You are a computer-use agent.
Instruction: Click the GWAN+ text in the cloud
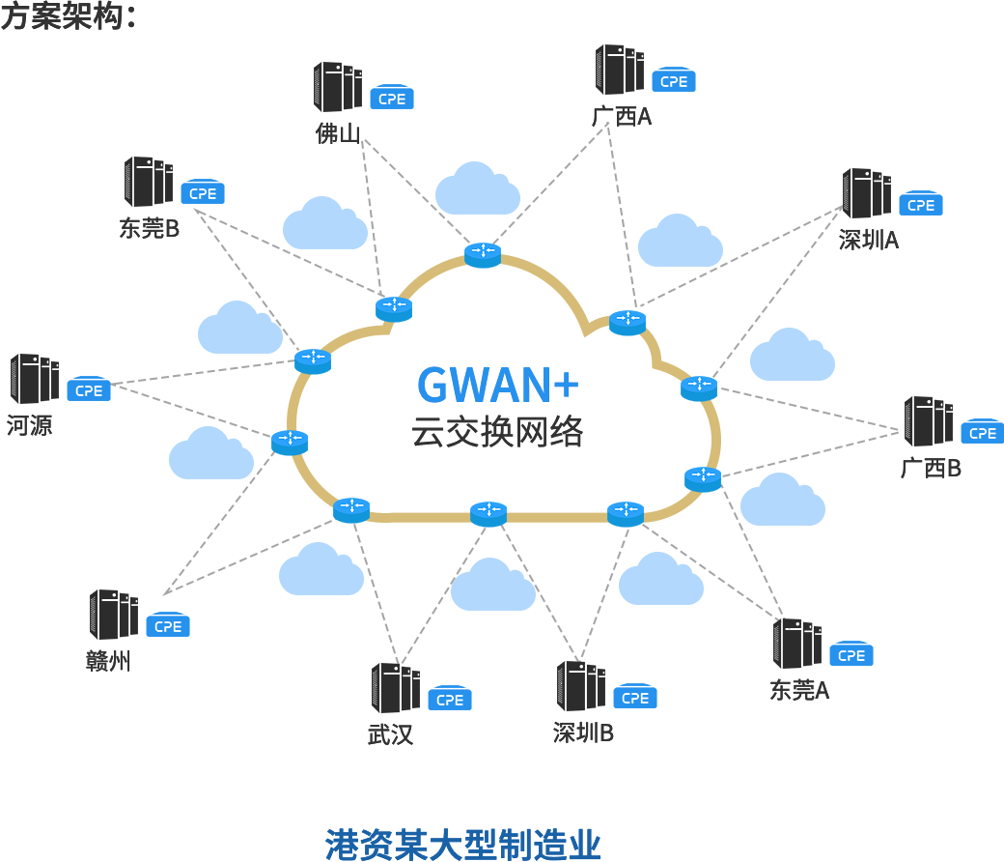tap(498, 384)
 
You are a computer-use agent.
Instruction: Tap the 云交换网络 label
tap(498, 431)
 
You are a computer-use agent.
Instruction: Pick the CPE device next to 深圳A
tap(921, 204)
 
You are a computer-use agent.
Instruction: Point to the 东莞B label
tap(149, 229)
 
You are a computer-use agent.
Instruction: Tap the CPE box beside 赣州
tap(168, 625)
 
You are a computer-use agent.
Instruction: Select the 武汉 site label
tap(390, 734)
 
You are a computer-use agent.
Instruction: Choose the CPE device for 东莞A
tap(851, 655)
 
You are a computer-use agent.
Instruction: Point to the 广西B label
tap(931, 469)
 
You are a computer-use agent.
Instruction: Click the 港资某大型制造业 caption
tap(463, 844)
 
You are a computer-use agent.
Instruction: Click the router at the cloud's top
tap(482, 254)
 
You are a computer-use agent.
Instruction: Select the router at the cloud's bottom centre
tap(488, 514)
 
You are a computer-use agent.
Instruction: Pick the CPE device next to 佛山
tap(392, 98)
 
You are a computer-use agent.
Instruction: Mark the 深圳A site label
tap(868, 241)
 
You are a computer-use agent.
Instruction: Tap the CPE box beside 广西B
tap(982, 432)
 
